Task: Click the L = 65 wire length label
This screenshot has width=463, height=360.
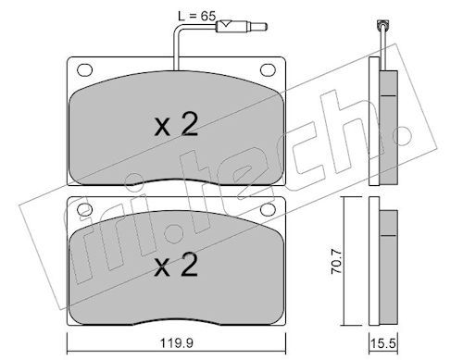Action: click(x=196, y=16)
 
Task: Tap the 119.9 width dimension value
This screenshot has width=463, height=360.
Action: click(x=177, y=342)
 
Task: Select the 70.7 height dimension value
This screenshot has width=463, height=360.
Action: click(x=336, y=262)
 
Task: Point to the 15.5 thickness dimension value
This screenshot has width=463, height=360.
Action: click(x=383, y=343)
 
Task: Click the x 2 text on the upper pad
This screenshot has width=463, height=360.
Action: click(x=176, y=124)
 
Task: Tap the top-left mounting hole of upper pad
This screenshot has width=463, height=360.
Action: click(x=84, y=70)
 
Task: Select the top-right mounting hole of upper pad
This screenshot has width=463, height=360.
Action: click(x=268, y=70)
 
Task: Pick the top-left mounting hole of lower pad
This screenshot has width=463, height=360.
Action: click(x=83, y=210)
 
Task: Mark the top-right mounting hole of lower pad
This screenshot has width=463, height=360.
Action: click(x=268, y=210)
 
